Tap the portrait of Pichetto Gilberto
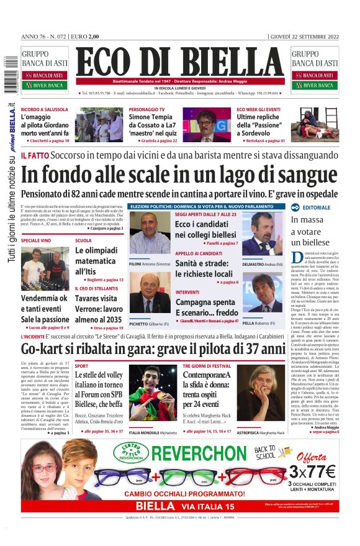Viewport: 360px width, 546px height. tap(150, 293)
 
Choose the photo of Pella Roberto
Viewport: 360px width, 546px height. tap(262, 293)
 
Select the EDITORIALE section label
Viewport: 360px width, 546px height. tap(317, 207)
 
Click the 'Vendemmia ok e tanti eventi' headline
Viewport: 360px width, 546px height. tap(44, 309)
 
